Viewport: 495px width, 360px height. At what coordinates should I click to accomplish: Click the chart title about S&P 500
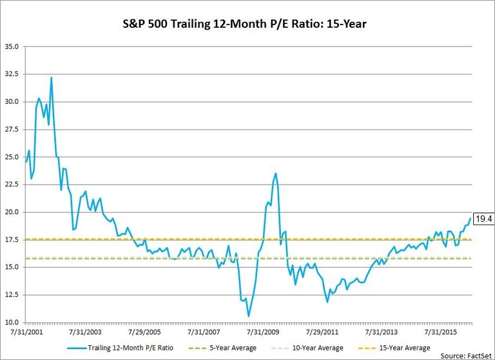click(x=247, y=23)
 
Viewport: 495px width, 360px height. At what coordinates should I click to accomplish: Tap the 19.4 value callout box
click(x=483, y=219)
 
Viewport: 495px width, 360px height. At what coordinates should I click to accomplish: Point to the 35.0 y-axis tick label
click(x=12, y=46)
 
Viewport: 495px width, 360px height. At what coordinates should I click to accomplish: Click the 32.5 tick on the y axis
click(x=12, y=74)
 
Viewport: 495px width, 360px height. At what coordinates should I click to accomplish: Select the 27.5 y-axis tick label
click(x=12, y=129)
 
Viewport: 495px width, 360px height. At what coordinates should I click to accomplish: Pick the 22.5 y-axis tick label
click(x=12, y=185)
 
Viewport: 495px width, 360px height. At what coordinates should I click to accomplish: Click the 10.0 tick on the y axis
click(x=12, y=322)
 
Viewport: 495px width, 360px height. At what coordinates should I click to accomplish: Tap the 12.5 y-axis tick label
click(x=12, y=295)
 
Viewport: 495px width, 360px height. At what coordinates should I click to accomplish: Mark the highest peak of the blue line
click(x=51, y=77)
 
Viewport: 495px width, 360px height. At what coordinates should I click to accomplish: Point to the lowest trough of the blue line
click(x=249, y=316)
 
